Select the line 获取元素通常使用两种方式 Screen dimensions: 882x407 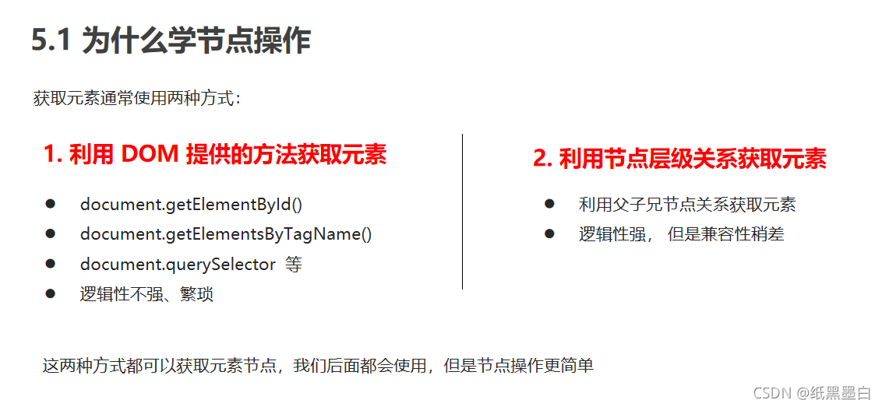[x=138, y=99]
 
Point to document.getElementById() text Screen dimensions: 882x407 [x=191, y=205]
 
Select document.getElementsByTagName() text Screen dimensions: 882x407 [x=226, y=234]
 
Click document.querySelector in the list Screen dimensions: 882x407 [x=178, y=265]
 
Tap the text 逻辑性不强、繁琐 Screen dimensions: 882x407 [x=146, y=294]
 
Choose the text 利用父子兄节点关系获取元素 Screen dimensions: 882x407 [x=687, y=205]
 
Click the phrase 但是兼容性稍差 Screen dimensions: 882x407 [x=725, y=234]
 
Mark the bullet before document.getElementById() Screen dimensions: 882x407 [x=51, y=204]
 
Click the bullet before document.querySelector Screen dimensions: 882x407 [x=51, y=264]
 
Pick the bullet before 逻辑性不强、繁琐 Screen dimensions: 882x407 [x=51, y=293]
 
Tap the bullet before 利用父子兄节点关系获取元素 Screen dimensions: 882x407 [x=549, y=204]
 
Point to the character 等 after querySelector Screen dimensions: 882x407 [x=293, y=265]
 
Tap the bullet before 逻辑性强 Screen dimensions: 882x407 [x=549, y=233]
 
